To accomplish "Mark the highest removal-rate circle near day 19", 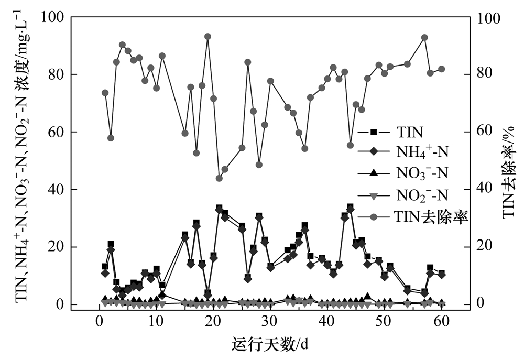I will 208,37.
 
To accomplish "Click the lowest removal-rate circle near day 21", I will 219,178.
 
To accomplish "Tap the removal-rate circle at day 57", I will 424,38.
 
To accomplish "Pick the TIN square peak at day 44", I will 350,207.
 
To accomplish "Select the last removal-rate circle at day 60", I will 441,69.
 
